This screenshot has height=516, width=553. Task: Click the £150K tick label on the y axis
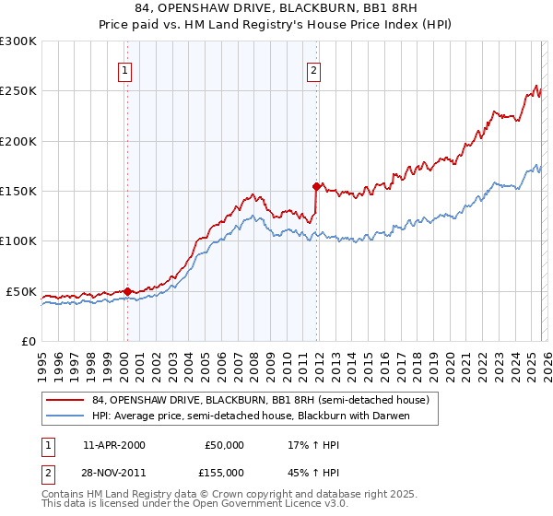18,191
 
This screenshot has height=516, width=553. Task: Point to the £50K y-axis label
21,291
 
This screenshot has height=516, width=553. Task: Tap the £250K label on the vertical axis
18,91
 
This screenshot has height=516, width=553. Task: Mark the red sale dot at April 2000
127,291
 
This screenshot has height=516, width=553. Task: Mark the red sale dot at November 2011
316,186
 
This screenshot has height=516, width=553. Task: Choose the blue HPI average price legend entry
250,416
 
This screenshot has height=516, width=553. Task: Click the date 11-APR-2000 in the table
113,445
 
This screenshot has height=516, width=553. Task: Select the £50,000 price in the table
224,445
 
